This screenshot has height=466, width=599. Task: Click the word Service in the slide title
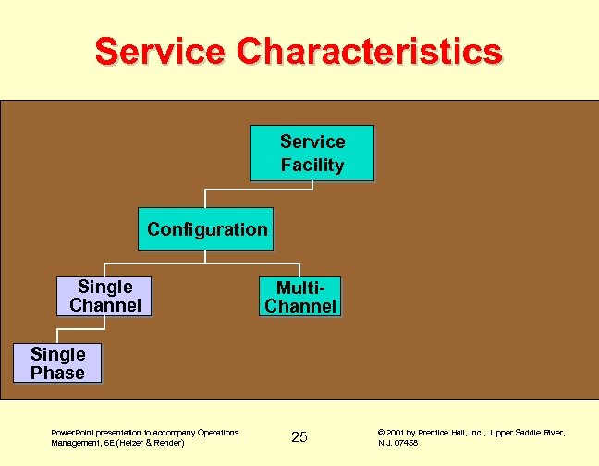[159, 52]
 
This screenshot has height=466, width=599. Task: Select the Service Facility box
[312, 153]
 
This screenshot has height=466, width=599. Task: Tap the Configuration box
[206, 228]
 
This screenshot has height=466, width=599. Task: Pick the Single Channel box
[104, 296]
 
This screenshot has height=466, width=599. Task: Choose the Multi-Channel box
[300, 296]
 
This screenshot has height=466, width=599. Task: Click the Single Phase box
[57, 362]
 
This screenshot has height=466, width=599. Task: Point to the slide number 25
[299, 436]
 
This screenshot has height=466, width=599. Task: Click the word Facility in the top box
[312, 166]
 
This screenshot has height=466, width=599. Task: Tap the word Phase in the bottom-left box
[57, 373]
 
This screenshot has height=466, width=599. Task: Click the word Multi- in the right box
[300, 287]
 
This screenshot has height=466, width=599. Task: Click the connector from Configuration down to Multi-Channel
[299, 263]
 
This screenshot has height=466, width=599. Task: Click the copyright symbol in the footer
[382, 432]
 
